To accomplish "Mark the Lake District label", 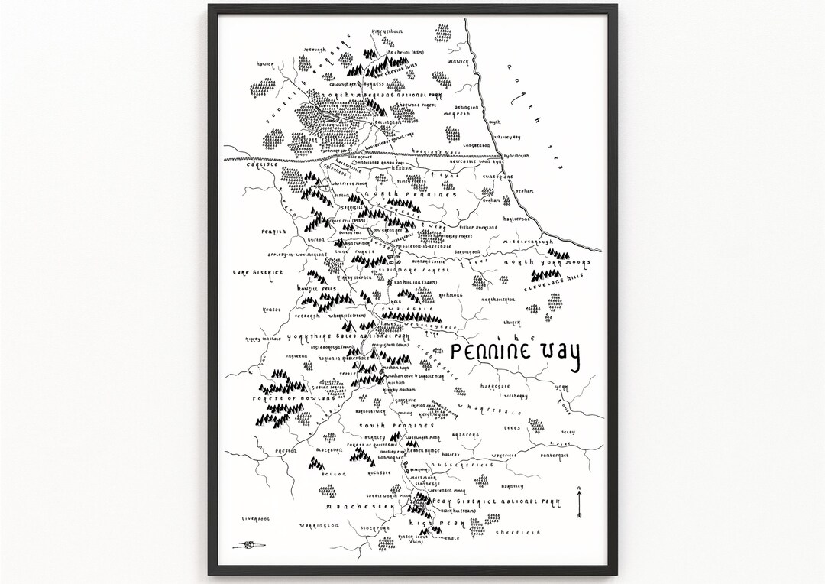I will tap(259, 271).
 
